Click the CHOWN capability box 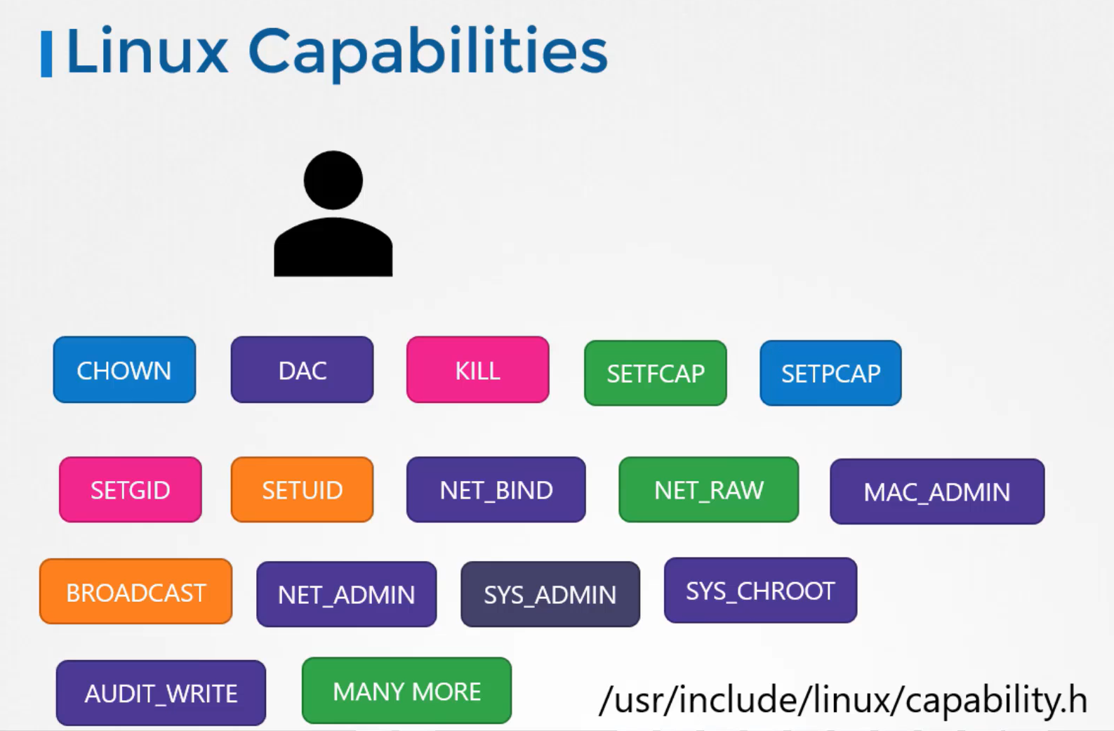[x=124, y=370]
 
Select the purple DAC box [x=302, y=370]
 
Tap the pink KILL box [x=477, y=370]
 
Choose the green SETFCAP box [x=655, y=374]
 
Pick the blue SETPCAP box [x=830, y=374]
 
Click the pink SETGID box [x=131, y=490]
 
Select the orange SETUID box [x=302, y=490]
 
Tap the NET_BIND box [x=496, y=490]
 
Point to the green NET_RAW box [x=708, y=490]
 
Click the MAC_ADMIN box [x=936, y=492]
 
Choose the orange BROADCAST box [x=135, y=592]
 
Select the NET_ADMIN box [x=346, y=595]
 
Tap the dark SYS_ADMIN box [x=550, y=595]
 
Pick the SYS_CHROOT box [x=760, y=591]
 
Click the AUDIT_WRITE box [x=161, y=693]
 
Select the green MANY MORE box [x=406, y=691]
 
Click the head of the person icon [x=333, y=180]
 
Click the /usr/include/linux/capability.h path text [x=842, y=699]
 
